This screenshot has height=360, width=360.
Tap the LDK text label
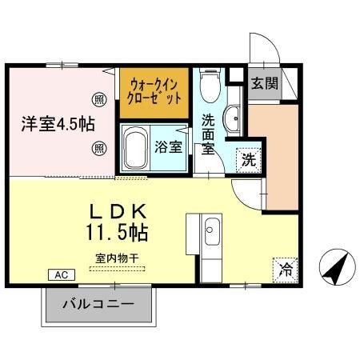pos(117,213)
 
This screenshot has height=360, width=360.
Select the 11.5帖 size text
pos(117,234)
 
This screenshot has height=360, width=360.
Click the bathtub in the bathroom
pos(137,147)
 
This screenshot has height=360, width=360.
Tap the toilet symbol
pos(210,83)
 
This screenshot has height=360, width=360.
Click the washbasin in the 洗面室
pos(232,121)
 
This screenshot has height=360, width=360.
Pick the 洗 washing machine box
pos(248,159)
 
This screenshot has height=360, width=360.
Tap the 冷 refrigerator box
pos(284,270)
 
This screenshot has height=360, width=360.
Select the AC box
pos(61,274)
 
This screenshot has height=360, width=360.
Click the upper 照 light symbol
pos(99,100)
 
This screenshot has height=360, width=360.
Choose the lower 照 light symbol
pos(99,147)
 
